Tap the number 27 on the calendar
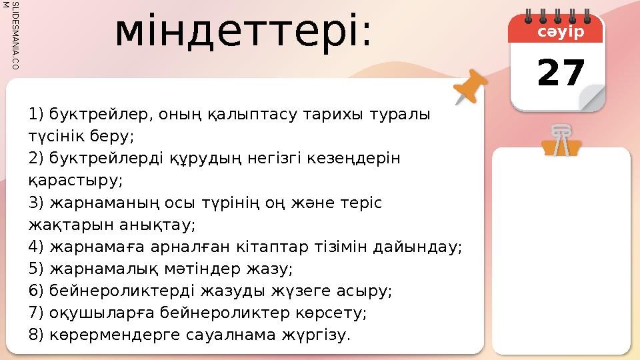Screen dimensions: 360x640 [x=561, y=73]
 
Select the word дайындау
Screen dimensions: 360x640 [x=424, y=247]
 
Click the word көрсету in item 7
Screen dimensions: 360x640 [x=333, y=313]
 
